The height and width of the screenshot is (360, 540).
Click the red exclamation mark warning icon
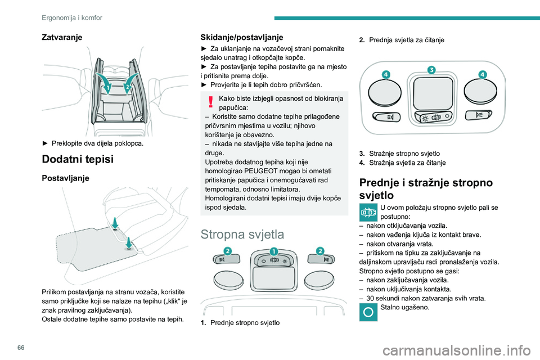[x=210, y=102]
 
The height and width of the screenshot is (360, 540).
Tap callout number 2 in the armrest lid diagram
[x=128, y=87]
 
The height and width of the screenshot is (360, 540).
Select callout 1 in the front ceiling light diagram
[x=273, y=250]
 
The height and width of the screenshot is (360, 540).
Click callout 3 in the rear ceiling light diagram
[x=431, y=70]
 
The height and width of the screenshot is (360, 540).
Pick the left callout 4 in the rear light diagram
[x=386, y=74]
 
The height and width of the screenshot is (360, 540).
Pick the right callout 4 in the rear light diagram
[x=482, y=74]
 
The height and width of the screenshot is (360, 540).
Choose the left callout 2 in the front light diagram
[x=227, y=250]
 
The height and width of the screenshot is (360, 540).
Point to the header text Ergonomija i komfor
[x=71, y=17]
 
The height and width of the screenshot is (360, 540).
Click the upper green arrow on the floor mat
[x=114, y=220]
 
